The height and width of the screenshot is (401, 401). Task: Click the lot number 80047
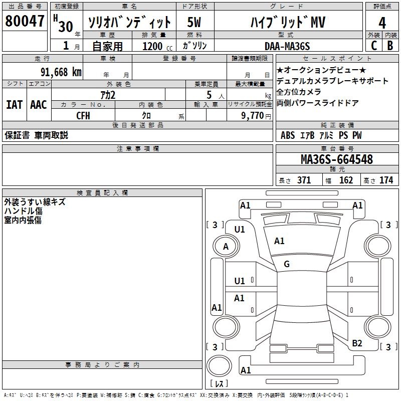[25, 21]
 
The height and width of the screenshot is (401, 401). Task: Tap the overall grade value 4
[382, 23]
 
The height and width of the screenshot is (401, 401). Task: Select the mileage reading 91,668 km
[61, 72]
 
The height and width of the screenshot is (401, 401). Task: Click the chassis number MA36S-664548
[337, 159]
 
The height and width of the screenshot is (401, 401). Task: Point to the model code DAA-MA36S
[287, 46]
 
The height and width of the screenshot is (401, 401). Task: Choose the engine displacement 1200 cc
[157, 46]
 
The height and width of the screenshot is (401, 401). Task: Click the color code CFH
[83, 116]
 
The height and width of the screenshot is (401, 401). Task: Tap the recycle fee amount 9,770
[253, 116]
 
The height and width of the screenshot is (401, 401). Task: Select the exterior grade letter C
[374, 46]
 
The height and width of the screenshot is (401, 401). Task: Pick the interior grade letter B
[390, 46]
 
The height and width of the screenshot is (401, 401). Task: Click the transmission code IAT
[15, 105]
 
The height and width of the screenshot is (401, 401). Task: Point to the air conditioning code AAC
[39, 105]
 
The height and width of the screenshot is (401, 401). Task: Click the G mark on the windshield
[287, 264]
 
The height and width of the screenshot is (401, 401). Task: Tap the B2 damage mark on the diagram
[357, 343]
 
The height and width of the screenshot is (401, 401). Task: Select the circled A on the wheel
[226, 247]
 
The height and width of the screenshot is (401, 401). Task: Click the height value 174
[386, 180]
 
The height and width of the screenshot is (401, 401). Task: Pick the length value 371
[304, 180]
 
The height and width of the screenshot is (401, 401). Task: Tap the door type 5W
[194, 22]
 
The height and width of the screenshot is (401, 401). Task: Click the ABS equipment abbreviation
[288, 135]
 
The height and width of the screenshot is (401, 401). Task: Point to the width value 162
[346, 180]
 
